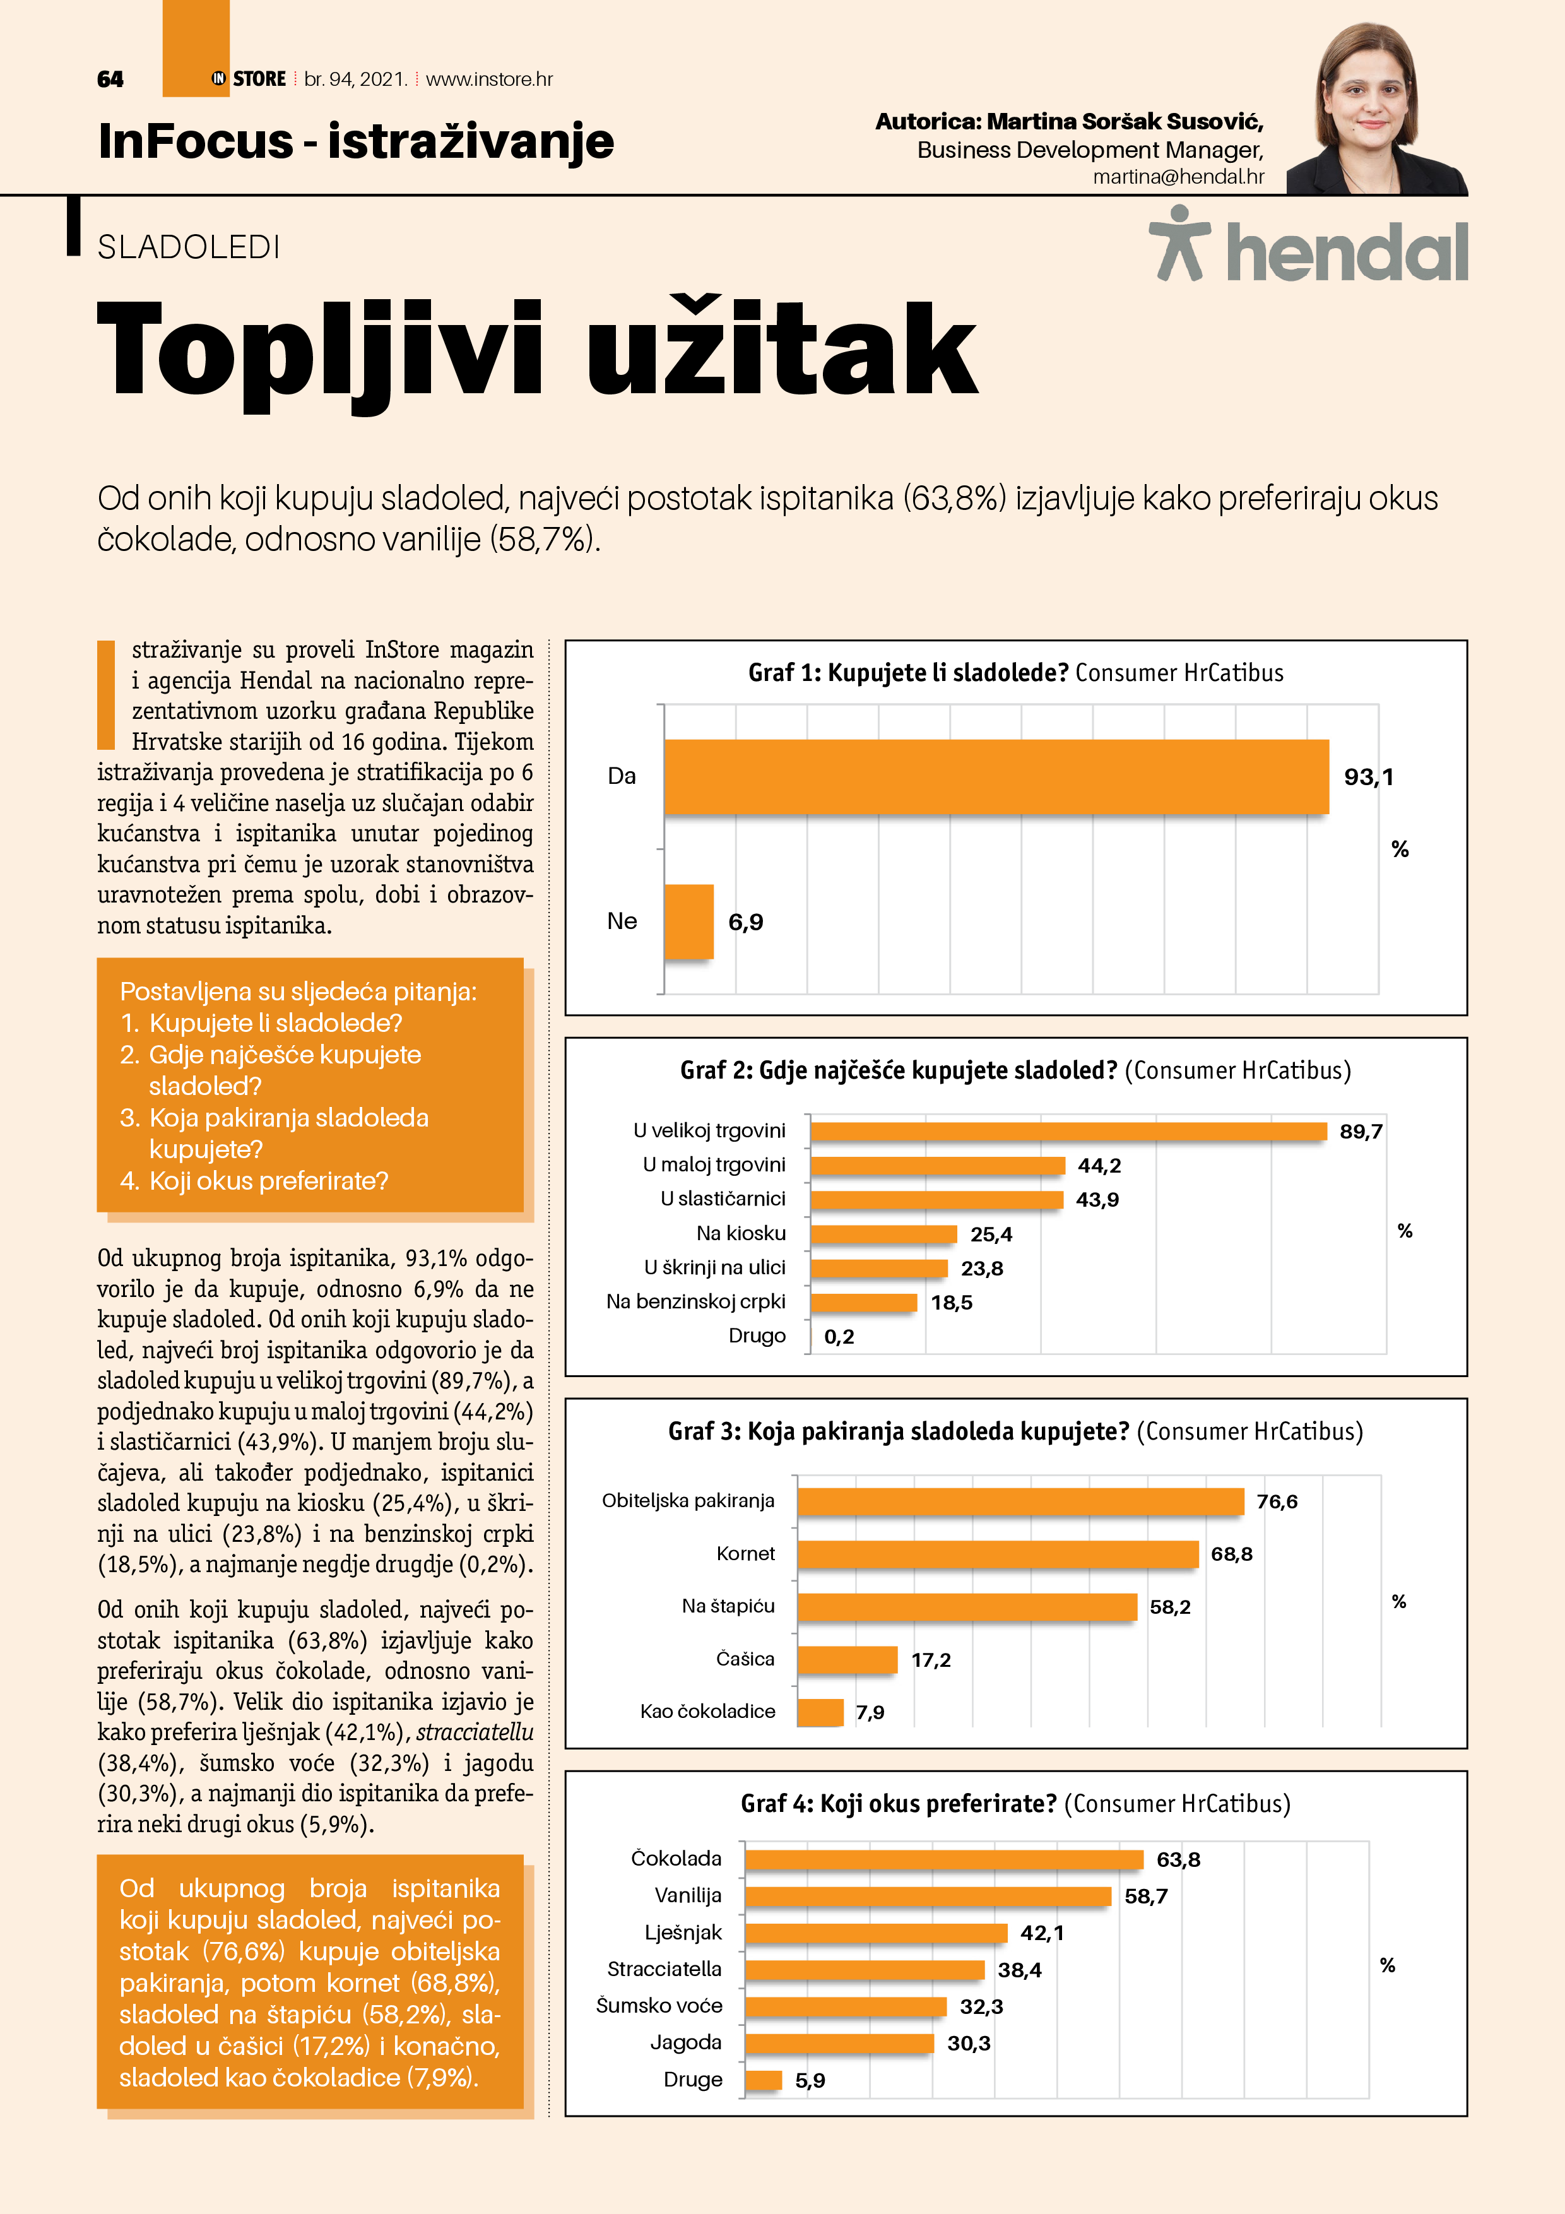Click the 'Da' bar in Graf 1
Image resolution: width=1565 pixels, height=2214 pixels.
point(995,776)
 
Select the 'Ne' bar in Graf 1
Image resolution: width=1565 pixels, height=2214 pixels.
point(688,921)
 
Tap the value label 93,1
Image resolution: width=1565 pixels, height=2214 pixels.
point(1368,776)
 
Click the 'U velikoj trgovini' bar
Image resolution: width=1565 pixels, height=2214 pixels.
point(1068,1131)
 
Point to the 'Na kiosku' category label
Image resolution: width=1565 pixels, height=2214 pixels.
point(741,1233)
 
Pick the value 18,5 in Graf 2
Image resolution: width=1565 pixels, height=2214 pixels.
point(951,1303)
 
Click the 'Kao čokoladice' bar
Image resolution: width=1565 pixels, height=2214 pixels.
point(820,1712)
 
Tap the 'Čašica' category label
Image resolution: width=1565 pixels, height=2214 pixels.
point(745,1659)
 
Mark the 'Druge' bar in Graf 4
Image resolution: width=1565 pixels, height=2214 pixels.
point(763,2080)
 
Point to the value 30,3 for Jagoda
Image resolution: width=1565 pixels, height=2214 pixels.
point(968,2044)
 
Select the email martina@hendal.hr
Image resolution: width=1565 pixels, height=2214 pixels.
point(1178,177)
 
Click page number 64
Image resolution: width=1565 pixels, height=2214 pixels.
point(110,79)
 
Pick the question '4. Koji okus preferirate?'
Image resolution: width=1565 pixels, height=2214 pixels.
point(254,1181)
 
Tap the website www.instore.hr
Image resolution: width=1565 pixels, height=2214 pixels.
point(489,79)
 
